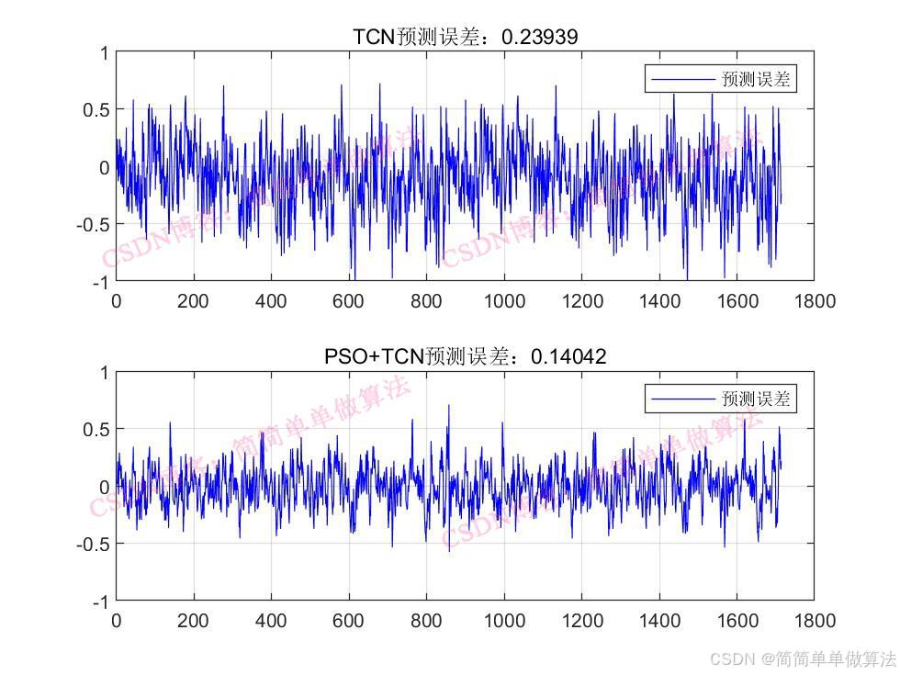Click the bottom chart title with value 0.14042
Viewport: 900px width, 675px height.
[x=466, y=355]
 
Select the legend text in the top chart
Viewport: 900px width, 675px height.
[x=756, y=80]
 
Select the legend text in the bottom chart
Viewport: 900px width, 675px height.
[x=756, y=399]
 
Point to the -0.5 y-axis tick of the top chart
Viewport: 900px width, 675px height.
[x=92, y=224]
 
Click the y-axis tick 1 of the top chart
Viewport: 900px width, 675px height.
[x=104, y=53]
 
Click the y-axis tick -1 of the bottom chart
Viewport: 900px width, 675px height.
[x=100, y=602]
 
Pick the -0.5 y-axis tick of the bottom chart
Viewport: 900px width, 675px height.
[x=92, y=544]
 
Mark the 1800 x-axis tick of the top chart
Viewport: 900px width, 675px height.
[x=814, y=301]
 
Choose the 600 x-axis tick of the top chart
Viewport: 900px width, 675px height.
[x=348, y=301]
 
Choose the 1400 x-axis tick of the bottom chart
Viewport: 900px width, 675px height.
[x=658, y=621]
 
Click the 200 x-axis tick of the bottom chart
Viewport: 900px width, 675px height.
[x=193, y=621]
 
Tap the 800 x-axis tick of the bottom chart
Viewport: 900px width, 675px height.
[x=426, y=621]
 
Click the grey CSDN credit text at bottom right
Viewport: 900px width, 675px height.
[x=803, y=658]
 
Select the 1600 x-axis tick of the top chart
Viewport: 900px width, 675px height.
[x=737, y=301]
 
